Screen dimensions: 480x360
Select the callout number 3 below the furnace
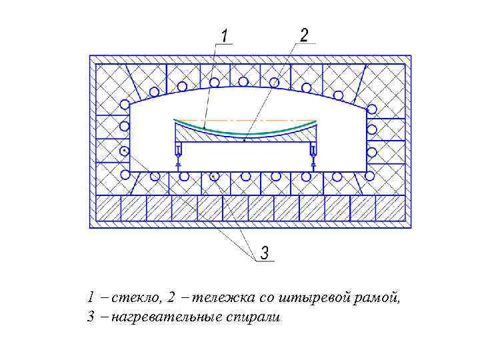tap(265, 253)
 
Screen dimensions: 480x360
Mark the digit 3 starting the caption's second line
tap(90, 317)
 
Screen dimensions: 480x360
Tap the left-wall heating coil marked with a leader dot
tap(125, 151)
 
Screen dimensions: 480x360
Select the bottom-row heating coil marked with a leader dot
tap(213, 176)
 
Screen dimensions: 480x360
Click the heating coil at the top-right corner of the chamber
tap(372, 109)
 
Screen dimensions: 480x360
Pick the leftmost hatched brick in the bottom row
tap(109, 208)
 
